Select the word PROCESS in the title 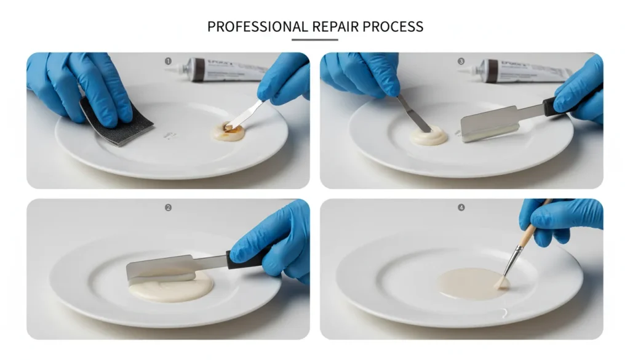click(393, 26)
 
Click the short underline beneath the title click(314, 40)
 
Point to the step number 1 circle click(168, 61)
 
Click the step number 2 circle click(168, 208)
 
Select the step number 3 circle click(460, 61)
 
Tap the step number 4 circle click(460, 208)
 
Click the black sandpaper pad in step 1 click(117, 124)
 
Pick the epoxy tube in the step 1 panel click(221, 70)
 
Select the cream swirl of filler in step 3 click(429, 135)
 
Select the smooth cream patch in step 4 click(471, 283)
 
